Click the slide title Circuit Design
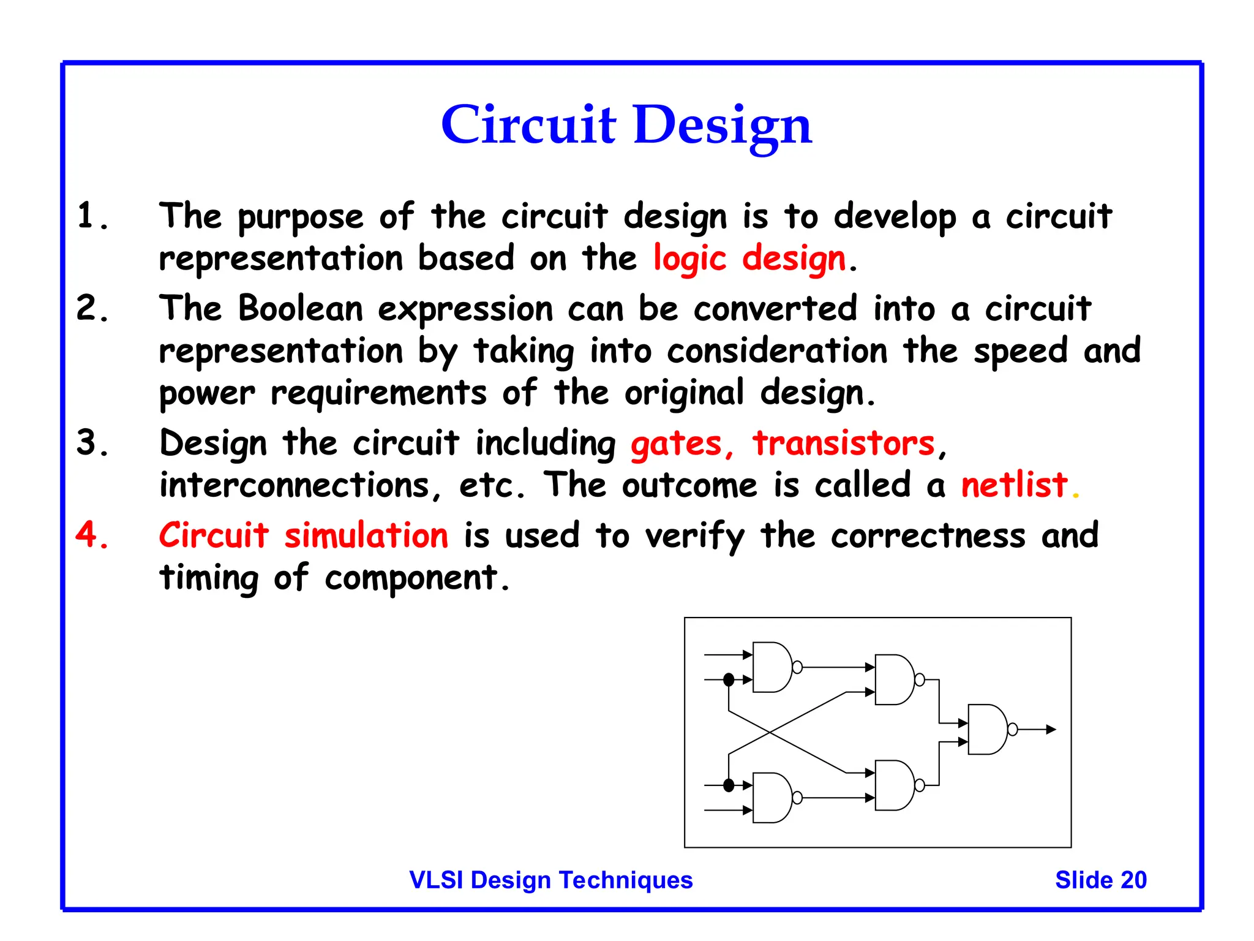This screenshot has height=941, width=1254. point(626,125)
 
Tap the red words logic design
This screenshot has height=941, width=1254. point(749,259)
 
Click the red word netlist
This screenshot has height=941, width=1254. point(1014,485)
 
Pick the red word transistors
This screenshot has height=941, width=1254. point(844,443)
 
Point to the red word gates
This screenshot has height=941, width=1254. point(676,444)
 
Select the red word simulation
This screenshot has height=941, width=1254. point(366,535)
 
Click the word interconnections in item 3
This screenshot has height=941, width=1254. point(294,486)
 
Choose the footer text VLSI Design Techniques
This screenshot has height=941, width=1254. point(550,880)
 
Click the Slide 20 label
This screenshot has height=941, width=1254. point(1100,880)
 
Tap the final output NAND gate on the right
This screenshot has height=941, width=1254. point(986,729)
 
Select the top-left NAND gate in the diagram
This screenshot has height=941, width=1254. point(772,667)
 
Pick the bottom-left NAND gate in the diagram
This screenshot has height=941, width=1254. point(772,798)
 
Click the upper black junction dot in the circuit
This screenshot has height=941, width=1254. point(729,679)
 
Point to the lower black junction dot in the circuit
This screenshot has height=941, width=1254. point(729,785)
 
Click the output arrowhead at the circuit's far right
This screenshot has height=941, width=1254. point(1051,729)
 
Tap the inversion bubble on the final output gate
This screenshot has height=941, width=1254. point(1013,729)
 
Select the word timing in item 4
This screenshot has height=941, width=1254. point(209,578)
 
